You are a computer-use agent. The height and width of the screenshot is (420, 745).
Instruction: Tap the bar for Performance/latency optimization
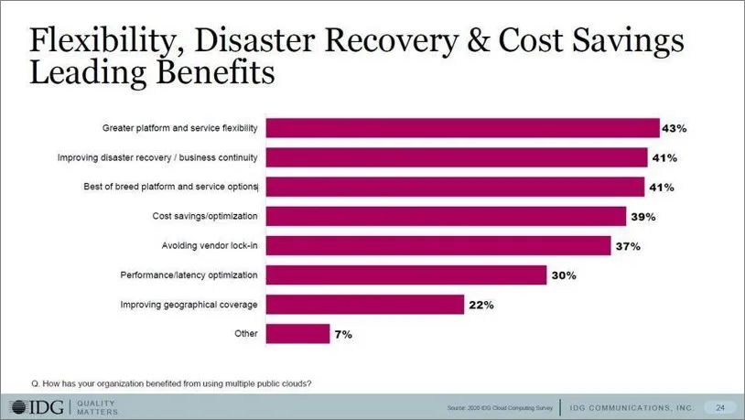click(405, 275)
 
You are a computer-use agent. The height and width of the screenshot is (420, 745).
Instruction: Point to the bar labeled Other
click(297, 334)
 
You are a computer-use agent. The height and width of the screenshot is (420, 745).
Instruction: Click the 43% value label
click(675, 128)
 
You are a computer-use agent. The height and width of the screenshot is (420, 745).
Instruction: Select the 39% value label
click(642, 216)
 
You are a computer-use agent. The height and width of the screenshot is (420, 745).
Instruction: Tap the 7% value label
click(341, 334)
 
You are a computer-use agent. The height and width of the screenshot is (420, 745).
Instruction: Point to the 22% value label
click(480, 305)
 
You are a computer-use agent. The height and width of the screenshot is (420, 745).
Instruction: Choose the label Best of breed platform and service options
click(171, 187)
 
